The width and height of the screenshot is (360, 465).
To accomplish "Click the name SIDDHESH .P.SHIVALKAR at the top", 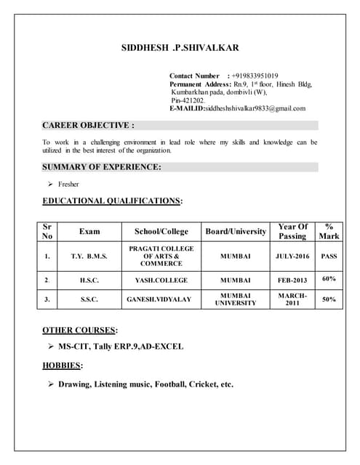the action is point(179,48).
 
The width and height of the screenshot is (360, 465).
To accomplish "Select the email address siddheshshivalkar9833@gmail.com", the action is point(255,108).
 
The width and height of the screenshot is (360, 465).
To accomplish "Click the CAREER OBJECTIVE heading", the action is point(88,125).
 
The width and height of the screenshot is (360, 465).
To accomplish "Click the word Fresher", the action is point(68,184).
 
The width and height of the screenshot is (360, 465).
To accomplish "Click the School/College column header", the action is point(161,231).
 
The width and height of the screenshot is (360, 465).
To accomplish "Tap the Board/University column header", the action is point(235,231).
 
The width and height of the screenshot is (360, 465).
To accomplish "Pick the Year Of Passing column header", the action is point(292,231).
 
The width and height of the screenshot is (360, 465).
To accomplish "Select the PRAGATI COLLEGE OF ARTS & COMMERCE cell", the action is point(161,256).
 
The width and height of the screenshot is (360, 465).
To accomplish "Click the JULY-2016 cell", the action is point(292,256).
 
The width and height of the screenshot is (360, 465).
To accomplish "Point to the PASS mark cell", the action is point(329,256).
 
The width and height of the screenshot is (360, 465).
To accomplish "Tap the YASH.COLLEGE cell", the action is point(161,280).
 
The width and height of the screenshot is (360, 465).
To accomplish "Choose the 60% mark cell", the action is point(329,279).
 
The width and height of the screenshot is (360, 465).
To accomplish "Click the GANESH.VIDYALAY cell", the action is point(161,299).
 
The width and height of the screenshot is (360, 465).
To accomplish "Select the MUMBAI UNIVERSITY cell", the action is point(235,299).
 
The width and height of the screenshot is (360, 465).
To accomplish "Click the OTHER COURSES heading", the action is point(80,330).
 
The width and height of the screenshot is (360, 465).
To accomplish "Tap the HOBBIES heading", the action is point(63,365).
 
